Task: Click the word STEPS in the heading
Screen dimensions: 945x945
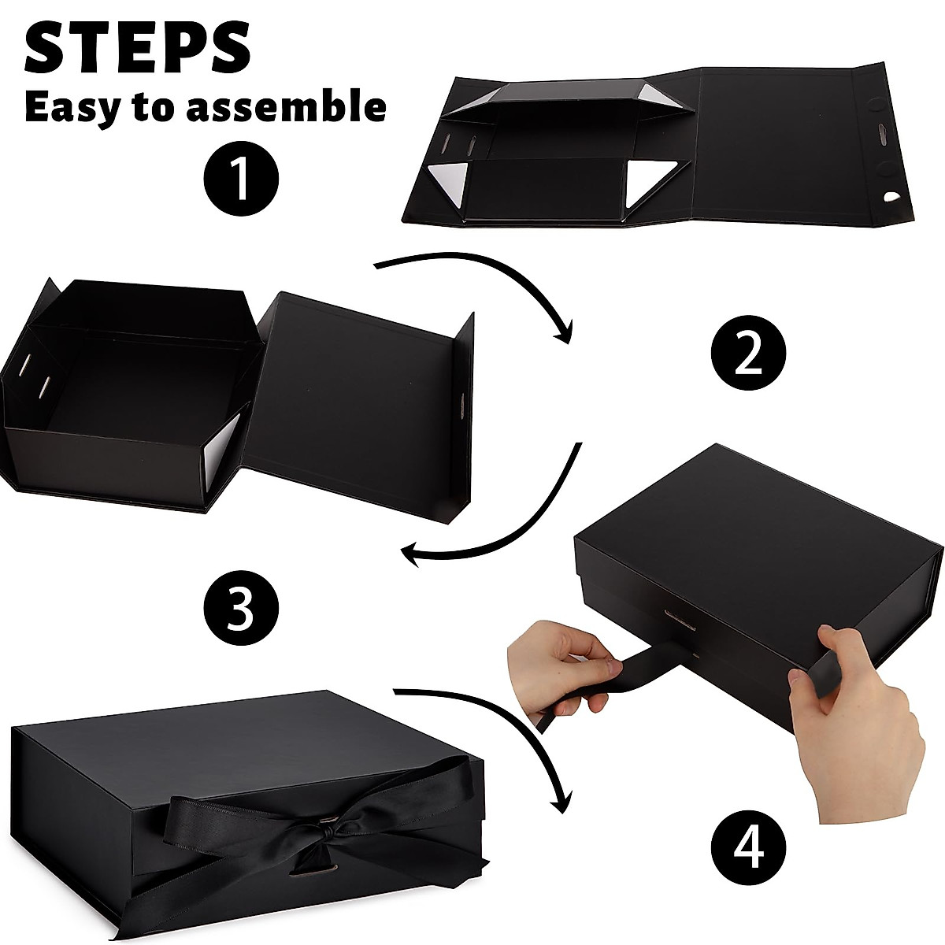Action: pos(138,49)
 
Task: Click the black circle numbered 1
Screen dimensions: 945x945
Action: pos(241,178)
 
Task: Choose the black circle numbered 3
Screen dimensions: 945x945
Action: pos(241,608)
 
